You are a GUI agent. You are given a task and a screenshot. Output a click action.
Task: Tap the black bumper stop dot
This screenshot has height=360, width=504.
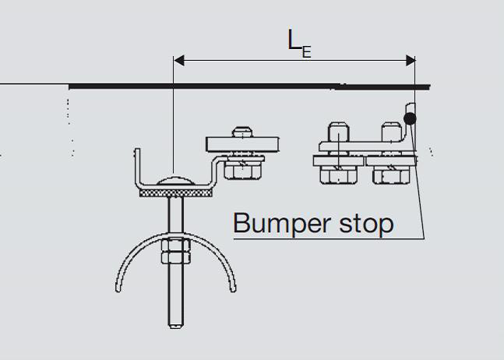410,119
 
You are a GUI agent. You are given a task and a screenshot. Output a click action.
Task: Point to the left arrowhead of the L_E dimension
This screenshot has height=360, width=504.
178,60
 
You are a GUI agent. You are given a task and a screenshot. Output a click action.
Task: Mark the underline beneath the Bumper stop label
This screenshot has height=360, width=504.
327,238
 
